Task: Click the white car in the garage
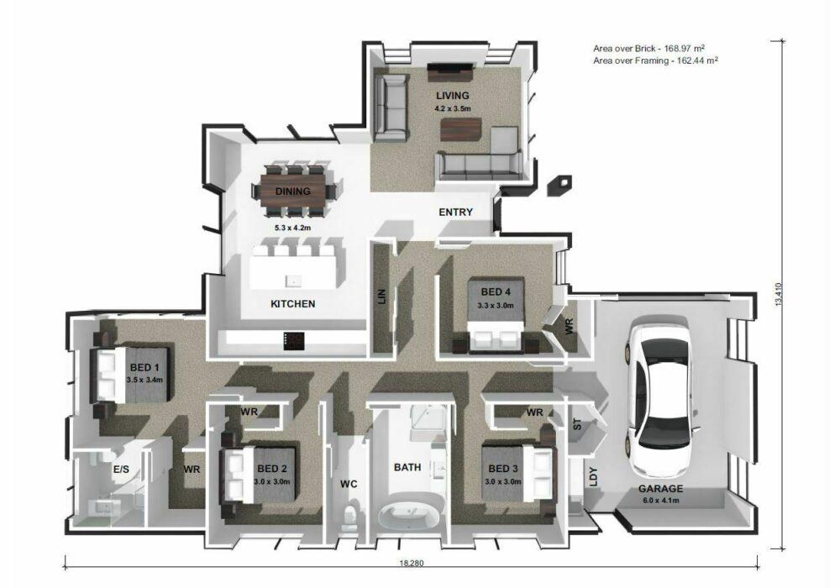(x=658, y=396)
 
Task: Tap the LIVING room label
(x=452, y=96)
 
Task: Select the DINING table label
(x=293, y=192)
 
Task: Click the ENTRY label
(x=455, y=212)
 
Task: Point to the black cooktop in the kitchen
(x=294, y=341)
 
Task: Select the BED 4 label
(x=496, y=291)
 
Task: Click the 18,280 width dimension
(x=411, y=563)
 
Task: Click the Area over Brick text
(x=648, y=48)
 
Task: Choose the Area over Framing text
(x=655, y=60)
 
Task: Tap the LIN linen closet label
(x=382, y=297)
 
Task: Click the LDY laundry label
(x=593, y=477)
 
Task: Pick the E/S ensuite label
(x=121, y=470)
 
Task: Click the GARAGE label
(x=660, y=488)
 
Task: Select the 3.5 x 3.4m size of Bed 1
(x=144, y=380)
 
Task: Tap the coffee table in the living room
(x=460, y=129)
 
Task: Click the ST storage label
(x=577, y=425)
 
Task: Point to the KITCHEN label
(x=293, y=303)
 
